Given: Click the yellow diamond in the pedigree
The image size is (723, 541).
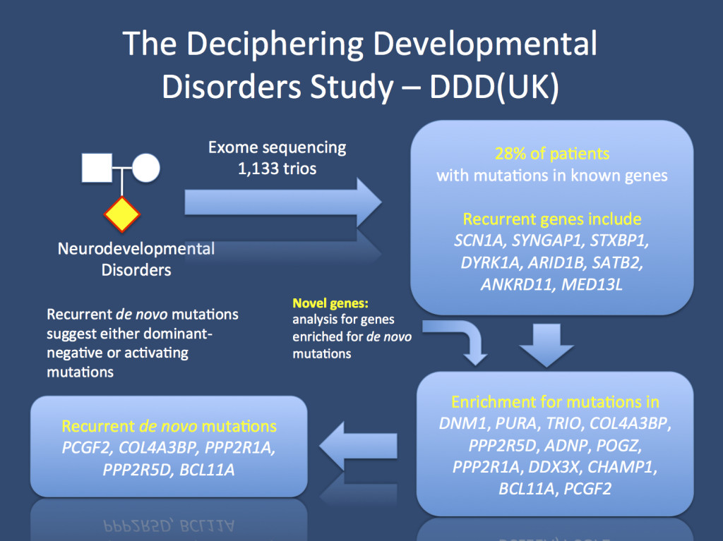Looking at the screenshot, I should pos(122,215).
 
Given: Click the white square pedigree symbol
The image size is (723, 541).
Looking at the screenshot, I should pos(97,168).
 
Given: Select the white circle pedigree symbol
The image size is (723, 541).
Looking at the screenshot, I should pos(146,168).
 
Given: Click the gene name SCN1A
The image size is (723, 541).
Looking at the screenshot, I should pos(481,241).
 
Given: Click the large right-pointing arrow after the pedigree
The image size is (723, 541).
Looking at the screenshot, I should pos(282,202).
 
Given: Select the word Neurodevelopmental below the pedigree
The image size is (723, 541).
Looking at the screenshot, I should pos(136,249).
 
